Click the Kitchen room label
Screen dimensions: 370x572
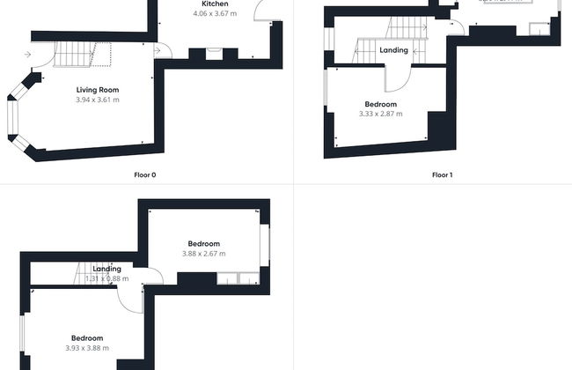215,4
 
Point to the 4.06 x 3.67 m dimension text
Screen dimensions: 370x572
215,14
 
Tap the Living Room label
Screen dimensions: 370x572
97,90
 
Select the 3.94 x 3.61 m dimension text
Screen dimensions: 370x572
97,100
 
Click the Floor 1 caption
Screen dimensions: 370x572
442,174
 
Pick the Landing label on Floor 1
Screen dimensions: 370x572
393,50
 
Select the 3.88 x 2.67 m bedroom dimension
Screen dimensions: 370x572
203,254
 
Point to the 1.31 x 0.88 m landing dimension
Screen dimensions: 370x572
106,278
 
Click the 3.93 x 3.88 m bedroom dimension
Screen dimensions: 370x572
87,348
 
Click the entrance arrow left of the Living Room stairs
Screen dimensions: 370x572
28,55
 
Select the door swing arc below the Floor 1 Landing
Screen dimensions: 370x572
399,81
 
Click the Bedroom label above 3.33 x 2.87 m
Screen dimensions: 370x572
380,104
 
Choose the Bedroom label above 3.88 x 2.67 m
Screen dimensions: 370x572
203,243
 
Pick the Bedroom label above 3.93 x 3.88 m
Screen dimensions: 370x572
87,338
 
